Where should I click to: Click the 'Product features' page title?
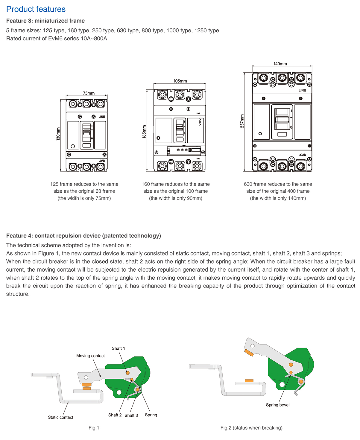click(x=36, y=9)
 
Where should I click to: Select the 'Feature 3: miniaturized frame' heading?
click(x=45, y=21)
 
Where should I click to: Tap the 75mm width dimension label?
click(x=89, y=93)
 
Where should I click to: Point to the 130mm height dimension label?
click(x=58, y=134)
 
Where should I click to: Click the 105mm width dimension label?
click(x=180, y=81)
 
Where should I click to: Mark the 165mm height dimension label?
click(x=144, y=131)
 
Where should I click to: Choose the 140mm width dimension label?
click(x=280, y=64)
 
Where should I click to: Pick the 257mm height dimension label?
click(x=242, y=121)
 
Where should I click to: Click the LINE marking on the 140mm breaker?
click(x=302, y=90)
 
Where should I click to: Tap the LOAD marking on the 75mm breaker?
click(x=102, y=161)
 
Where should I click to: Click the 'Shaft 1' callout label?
click(x=119, y=348)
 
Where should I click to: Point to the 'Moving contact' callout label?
click(x=90, y=356)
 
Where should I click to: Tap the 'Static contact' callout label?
click(x=60, y=417)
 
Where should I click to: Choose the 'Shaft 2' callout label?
click(x=115, y=415)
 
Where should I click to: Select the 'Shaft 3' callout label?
click(x=131, y=415)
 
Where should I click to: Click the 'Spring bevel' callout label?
click(x=278, y=405)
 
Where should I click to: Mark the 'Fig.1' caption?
click(x=94, y=428)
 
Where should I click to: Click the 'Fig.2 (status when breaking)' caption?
click(x=251, y=428)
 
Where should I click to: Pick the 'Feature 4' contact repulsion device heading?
click(x=83, y=236)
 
